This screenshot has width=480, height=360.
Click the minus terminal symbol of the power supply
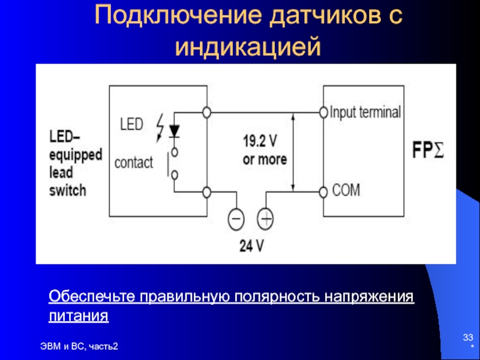click(236, 218)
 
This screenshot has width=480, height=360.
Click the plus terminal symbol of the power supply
click(265, 218)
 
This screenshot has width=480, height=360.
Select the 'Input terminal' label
click(365, 112)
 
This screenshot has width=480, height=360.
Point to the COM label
click(346, 191)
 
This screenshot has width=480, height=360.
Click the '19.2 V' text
click(260, 142)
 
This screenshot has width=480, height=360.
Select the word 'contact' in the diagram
click(134, 162)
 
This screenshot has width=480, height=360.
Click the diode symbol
click(175, 130)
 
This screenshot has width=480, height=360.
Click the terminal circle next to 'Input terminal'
click(324, 112)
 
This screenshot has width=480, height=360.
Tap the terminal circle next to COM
click(324, 192)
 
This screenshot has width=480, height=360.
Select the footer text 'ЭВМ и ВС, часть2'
click(80, 346)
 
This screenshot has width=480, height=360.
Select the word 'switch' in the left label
click(67, 191)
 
